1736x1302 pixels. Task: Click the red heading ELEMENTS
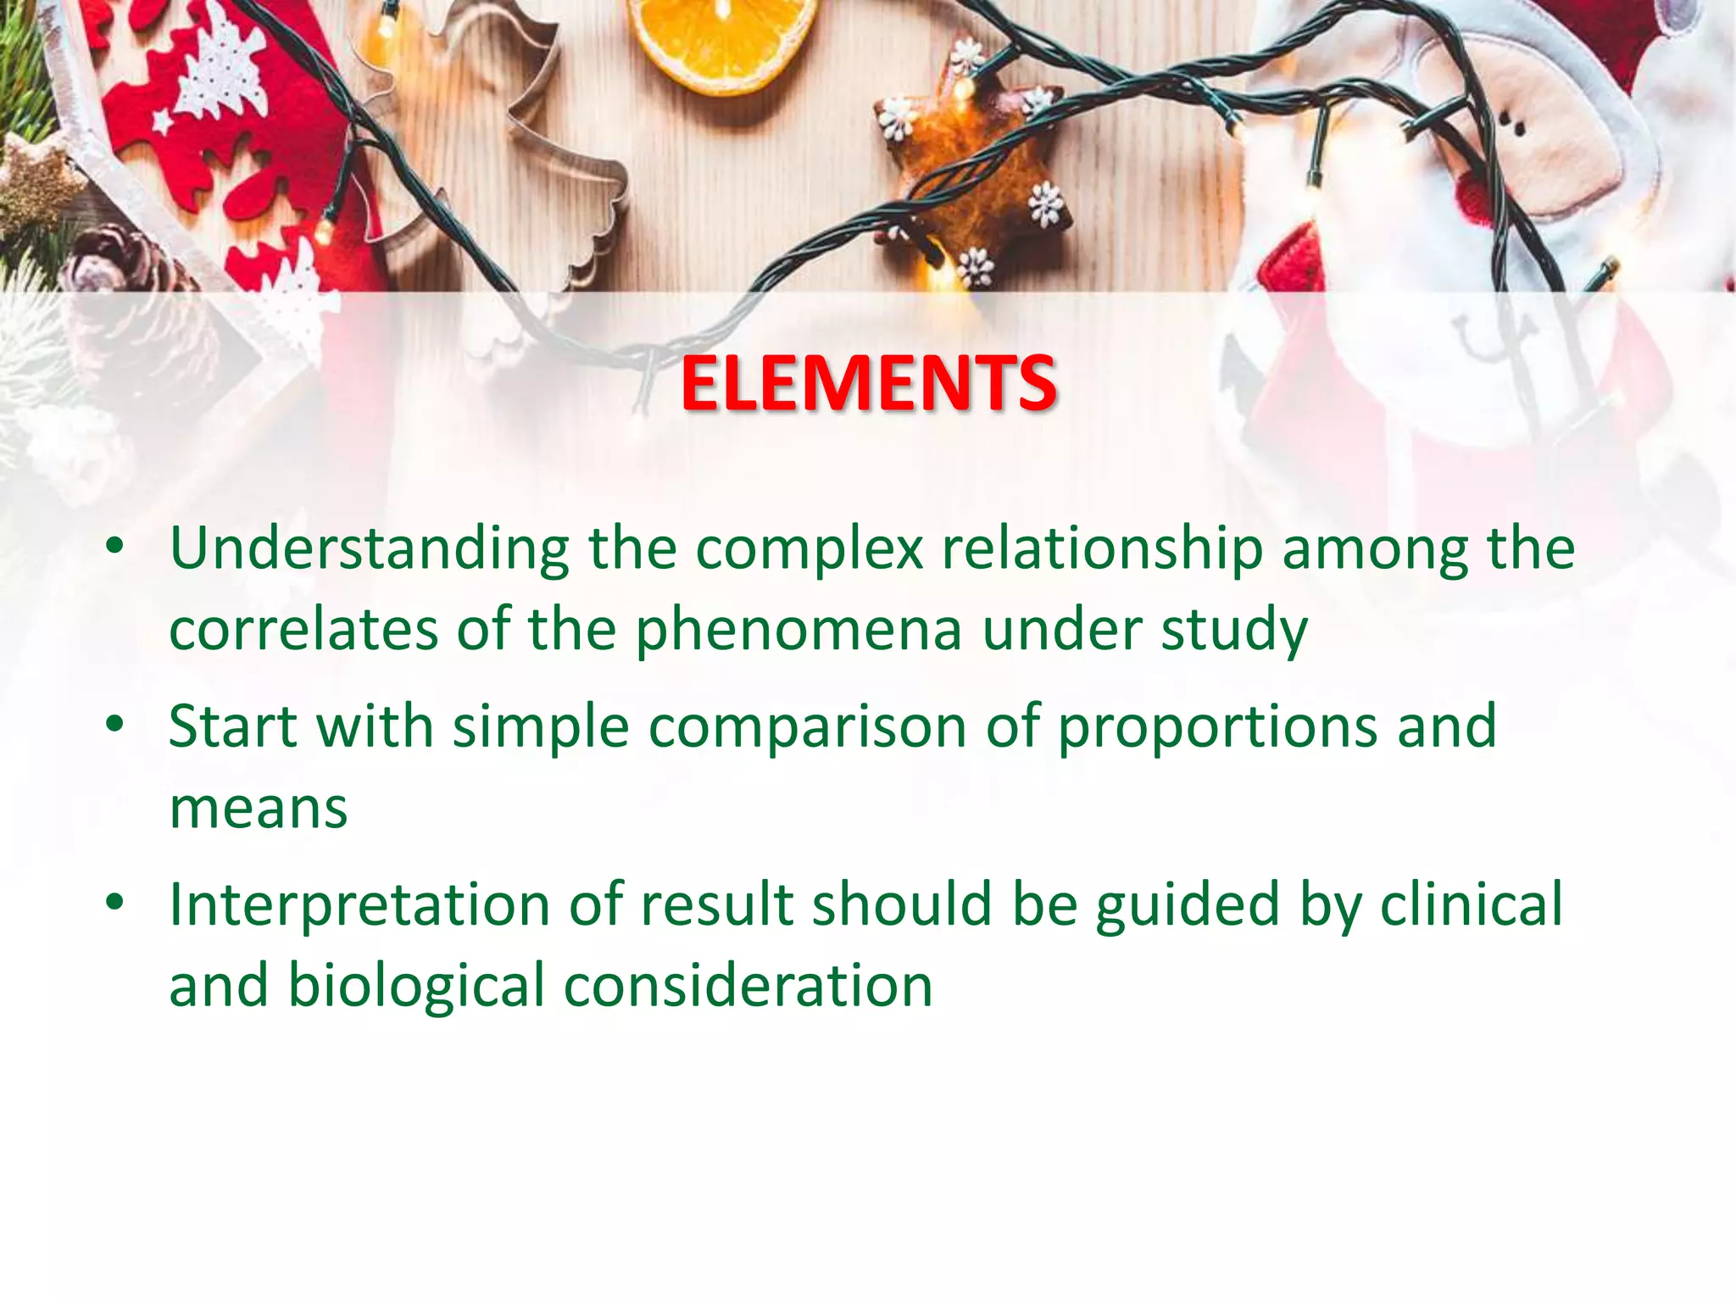868,384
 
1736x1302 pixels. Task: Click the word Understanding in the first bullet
369,549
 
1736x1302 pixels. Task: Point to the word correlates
303,630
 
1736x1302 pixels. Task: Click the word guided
1187,905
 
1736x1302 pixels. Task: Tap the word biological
415,987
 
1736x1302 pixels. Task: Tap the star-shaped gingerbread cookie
975,170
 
